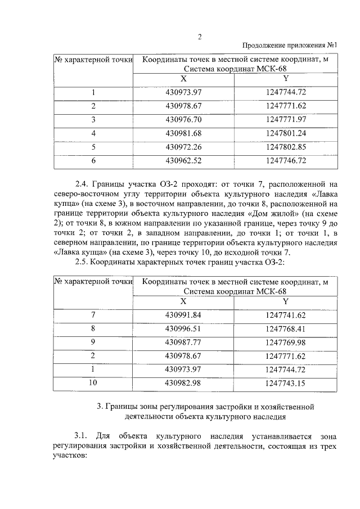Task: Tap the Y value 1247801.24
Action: [286, 133]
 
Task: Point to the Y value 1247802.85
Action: [286, 147]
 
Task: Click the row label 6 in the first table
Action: [94, 161]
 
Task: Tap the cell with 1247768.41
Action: [286, 328]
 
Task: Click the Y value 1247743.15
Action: [286, 383]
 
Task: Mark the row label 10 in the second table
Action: [93, 383]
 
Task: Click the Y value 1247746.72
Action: [286, 161]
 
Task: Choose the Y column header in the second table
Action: [286, 301]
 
